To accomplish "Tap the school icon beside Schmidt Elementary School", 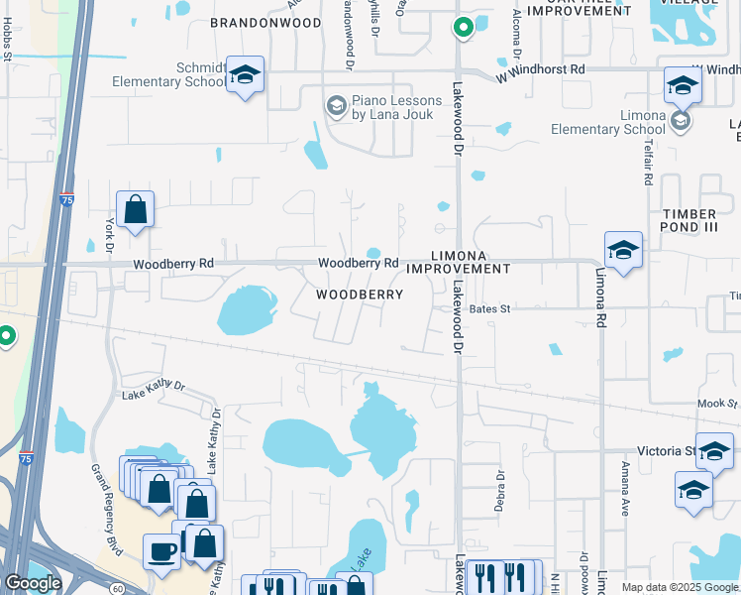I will [x=245, y=75].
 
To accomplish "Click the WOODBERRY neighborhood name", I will [x=360, y=295].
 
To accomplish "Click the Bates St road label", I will [x=489, y=309].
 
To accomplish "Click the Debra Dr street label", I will [x=500, y=491].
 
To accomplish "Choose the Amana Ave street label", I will [x=625, y=487].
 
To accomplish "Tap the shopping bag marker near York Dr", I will [x=135, y=210].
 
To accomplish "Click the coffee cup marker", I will [x=161, y=551].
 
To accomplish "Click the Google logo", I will [x=32, y=583].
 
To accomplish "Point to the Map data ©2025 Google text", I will [x=680, y=587].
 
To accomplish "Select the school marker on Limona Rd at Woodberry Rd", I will [x=623, y=251].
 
